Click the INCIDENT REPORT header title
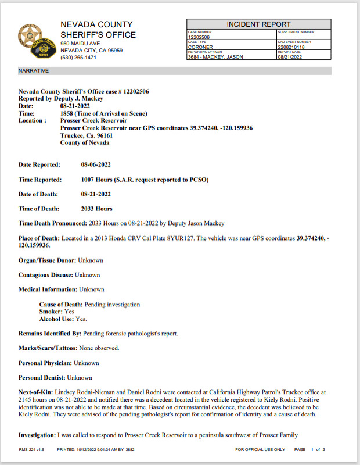pos(258,24)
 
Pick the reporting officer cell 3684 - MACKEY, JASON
pos(215,57)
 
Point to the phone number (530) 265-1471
pos(80,58)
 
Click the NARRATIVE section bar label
pos(34,71)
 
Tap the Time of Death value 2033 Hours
pos(97,209)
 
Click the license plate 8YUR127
pos(207,238)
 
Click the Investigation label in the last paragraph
pos(37,435)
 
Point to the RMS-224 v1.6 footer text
pos(31,450)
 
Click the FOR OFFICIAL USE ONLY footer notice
pos(260,450)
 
